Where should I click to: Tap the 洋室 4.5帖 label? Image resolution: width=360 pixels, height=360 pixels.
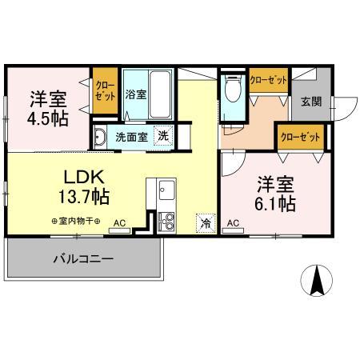click(x=49, y=108)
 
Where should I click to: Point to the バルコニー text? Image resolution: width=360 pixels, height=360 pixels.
click(x=84, y=258)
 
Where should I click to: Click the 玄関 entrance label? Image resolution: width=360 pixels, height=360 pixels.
click(x=312, y=102)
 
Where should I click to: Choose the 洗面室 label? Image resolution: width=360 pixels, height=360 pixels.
click(x=130, y=137)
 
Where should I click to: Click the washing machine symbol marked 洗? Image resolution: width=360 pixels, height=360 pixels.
click(x=162, y=135)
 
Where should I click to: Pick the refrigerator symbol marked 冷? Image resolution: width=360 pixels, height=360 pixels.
click(x=206, y=222)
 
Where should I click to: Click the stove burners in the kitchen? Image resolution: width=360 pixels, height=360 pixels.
click(x=167, y=220)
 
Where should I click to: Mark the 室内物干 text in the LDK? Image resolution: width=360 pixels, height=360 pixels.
click(x=74, y=219)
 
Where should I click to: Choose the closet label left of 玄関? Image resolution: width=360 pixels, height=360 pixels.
click(x=268, y=80)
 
